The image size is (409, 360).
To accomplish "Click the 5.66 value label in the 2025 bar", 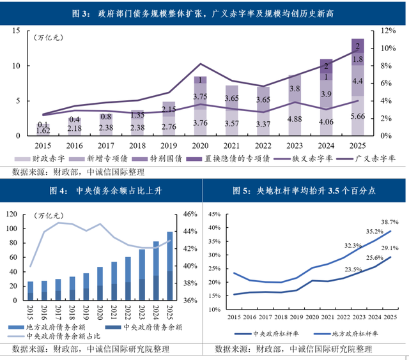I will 358,117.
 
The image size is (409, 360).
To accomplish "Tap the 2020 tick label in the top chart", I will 200,145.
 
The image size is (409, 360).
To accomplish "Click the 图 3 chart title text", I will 204,14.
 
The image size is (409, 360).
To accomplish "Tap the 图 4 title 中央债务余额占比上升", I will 102,190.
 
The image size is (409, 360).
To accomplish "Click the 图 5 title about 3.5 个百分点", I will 304,190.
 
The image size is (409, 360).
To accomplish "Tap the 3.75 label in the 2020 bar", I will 200,96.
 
